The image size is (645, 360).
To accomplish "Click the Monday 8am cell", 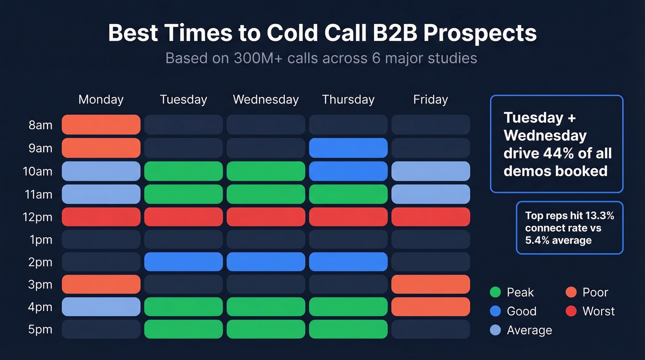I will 101,124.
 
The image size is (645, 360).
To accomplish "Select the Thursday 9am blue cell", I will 348,148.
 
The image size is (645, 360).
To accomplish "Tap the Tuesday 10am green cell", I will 183,171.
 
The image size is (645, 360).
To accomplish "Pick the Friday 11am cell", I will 430,194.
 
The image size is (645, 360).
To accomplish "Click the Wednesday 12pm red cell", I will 266,217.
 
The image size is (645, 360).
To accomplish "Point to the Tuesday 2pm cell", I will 183,262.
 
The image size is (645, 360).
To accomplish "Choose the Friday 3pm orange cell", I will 430,284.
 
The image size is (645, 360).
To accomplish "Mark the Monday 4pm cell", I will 101,307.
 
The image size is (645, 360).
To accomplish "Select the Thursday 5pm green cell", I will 348,329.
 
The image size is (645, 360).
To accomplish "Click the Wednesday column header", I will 266,100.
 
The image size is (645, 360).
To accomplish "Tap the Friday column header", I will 430,100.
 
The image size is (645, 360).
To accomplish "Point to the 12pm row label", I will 38,217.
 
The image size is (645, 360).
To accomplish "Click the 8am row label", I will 41,125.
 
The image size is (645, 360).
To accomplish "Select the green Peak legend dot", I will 495,292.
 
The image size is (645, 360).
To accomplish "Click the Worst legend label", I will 598,311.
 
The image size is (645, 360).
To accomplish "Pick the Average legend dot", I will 495,330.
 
